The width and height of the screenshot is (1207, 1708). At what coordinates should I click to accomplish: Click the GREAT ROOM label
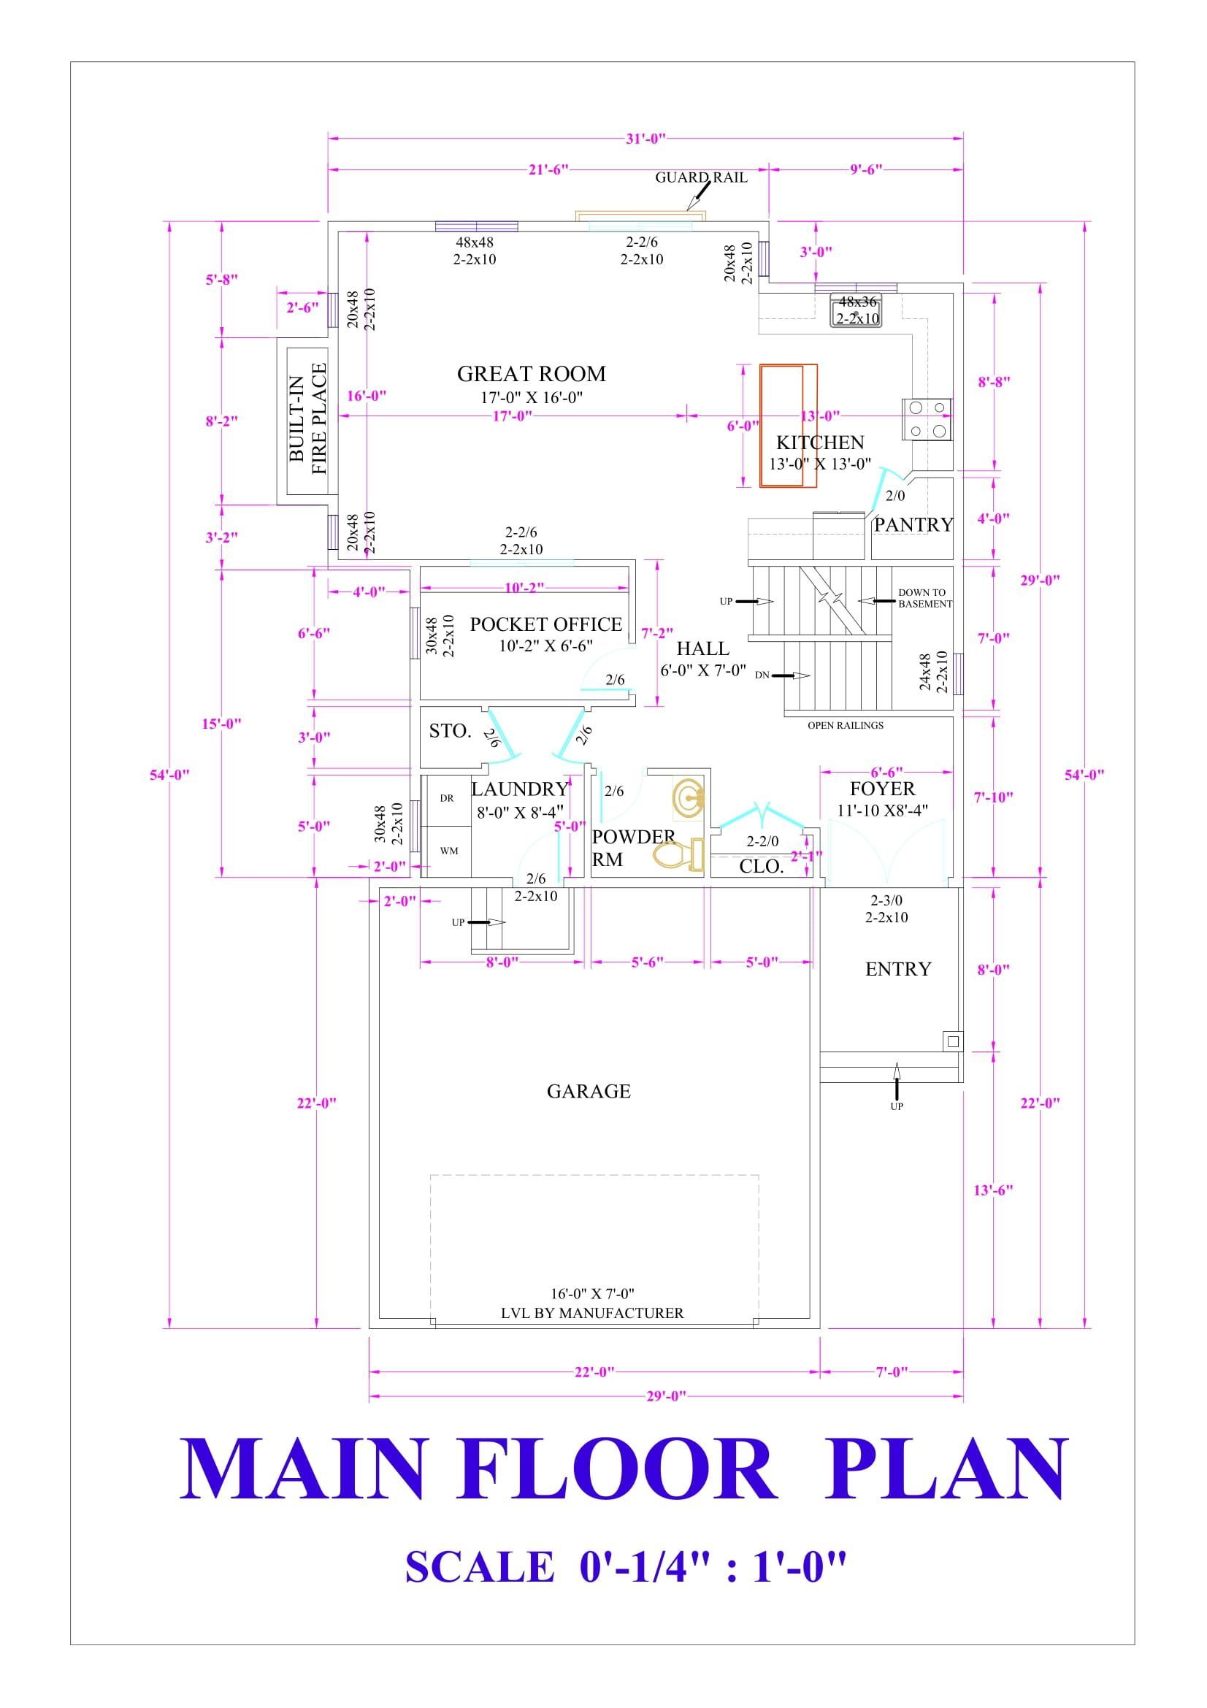pyautogui.click(x=531, y=374)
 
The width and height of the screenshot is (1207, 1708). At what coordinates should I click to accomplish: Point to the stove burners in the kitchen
pyautogui.click(x=927, y=419)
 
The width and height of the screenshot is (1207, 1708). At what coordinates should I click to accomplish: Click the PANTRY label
pyautogui.click(x=913, y=525)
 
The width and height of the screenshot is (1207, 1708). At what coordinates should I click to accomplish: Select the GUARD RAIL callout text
pyautogui.click(x=700, y=177)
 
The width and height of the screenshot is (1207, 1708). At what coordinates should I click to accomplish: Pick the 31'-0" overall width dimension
pyautogui.click(x=645, y=138)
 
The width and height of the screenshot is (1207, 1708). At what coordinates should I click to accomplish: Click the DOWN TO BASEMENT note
pyautogui.click(x=924, y=598)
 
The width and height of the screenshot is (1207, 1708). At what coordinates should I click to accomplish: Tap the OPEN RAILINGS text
pyautogui.click(x=846, y=725)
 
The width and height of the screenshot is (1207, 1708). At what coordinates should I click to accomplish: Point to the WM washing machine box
pyautogui.click(x=448, y=851)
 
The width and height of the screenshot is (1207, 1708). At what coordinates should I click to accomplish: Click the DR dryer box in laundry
pyautogui.click(x=447, y=798)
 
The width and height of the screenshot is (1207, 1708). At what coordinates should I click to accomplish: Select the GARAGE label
pyautogui.click(x=589, y=1092)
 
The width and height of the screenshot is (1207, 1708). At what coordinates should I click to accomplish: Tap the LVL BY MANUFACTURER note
pyautogui.click(x=592, y=1313)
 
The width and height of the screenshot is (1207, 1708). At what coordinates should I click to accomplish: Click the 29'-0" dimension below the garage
pyautogui.click(x=666, y=1396)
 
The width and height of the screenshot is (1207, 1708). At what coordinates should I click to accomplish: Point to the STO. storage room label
pyautogui.click(x=450, y=731)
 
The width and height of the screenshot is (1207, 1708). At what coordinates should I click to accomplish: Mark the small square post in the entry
pyautogui.click(x=953, y=1041)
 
